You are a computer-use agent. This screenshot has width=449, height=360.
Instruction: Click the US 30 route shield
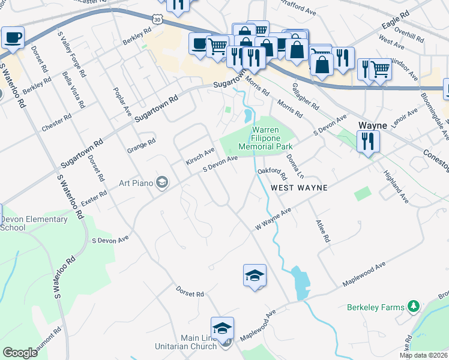[157, 19]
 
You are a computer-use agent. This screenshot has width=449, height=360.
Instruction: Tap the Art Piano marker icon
[161, 182]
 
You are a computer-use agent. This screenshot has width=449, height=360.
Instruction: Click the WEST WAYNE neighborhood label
[299, 188]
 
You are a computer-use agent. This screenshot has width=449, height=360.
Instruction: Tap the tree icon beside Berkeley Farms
[413, 307]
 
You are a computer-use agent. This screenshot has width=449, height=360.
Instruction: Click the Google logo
[20, 353]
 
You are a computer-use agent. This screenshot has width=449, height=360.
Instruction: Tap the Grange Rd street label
[142, 146]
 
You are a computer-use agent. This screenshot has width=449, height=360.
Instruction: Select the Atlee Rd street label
[322, 230]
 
